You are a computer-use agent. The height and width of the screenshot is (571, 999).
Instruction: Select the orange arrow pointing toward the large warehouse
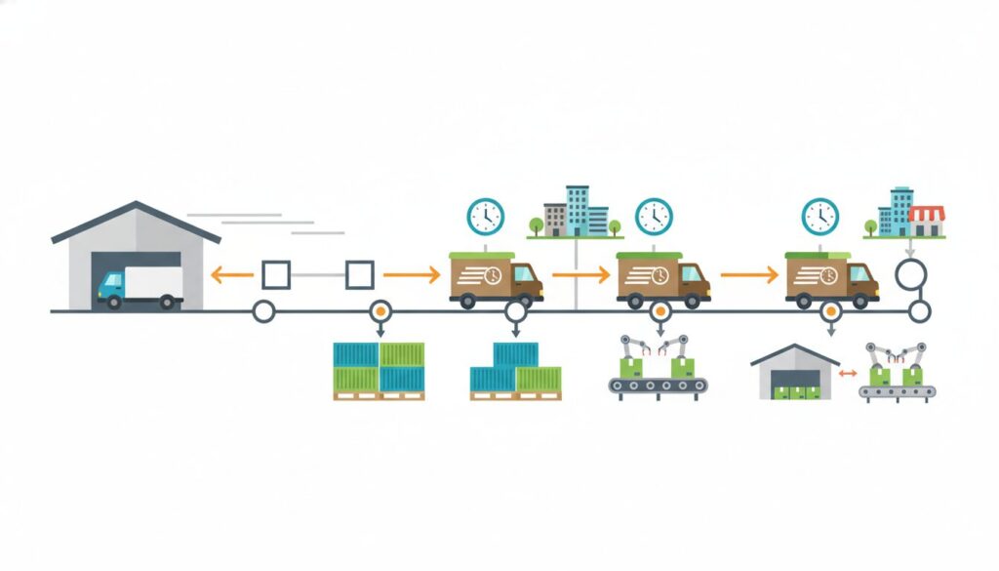click(231, 276)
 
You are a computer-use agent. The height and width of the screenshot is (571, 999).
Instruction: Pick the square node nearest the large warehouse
click(275, 275)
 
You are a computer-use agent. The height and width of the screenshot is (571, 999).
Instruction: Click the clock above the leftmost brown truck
click(485, 216)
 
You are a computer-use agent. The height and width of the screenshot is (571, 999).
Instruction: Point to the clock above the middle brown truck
click(654, 216)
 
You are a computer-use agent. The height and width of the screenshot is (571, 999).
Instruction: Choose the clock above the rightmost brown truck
click(820, 216)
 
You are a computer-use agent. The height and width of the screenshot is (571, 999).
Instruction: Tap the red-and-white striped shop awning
click(927, 213)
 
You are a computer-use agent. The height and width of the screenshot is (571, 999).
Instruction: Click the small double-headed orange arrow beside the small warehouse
click(849, 373)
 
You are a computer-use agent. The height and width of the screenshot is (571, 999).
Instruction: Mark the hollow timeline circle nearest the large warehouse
click(262, 311)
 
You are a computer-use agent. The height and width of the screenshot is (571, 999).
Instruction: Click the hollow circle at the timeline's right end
click(919, 311)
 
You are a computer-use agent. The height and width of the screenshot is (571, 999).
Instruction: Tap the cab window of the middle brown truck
click(693, 274)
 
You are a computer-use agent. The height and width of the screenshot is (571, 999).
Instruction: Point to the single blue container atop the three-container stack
click(515, 353)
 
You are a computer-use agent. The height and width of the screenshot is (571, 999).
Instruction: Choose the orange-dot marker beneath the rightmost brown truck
click(830, 311)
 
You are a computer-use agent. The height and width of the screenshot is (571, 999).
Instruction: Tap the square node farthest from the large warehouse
click(360, 275)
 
